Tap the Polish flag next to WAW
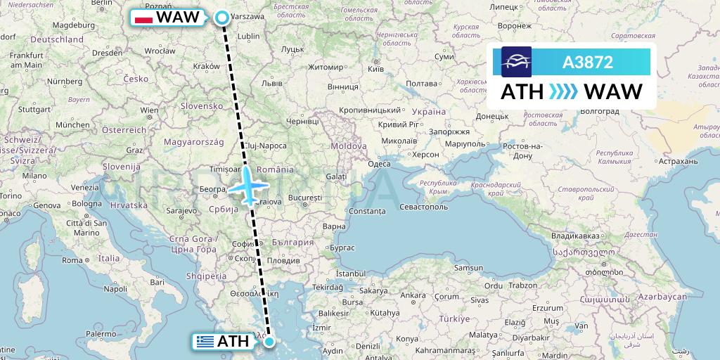143,18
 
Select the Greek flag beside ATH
205,342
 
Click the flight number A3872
588,63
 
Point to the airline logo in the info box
516,62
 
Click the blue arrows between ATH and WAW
562,92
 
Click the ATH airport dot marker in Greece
269,342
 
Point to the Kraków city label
206,65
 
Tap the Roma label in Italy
72,260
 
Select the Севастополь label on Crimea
423,207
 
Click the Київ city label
375,69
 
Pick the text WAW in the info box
613,92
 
